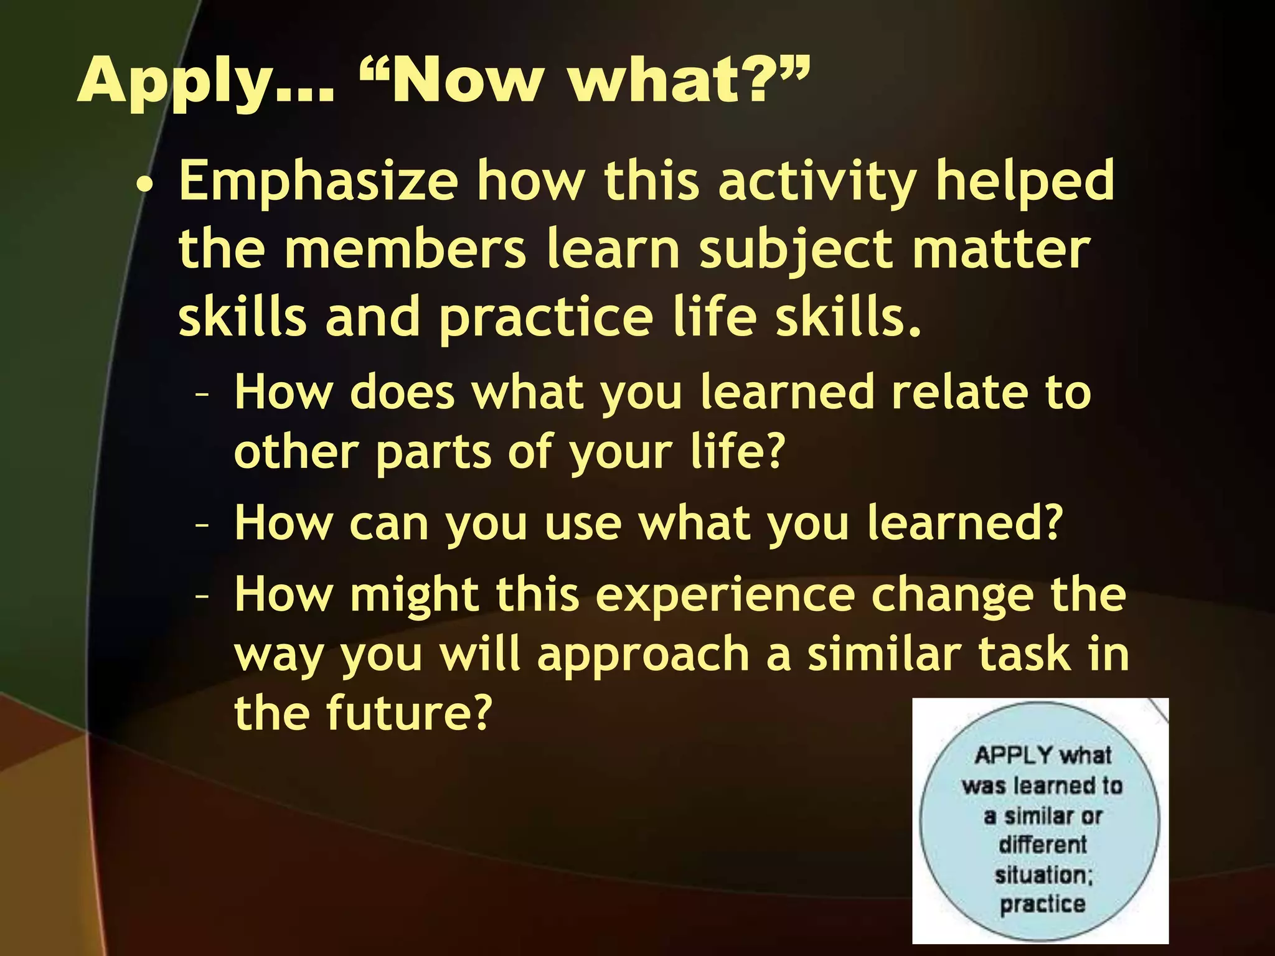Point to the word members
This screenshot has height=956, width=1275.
pos(405,250)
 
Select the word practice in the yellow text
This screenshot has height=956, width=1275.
pos(546,319)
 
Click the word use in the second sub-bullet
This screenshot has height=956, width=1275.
pos(583,525)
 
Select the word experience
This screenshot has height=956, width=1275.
pos(725,596)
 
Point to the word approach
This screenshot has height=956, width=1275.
pos(642,655)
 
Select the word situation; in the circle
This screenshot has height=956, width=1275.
pos(1043,874)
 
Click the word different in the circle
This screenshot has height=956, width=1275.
pos(1043,845)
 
